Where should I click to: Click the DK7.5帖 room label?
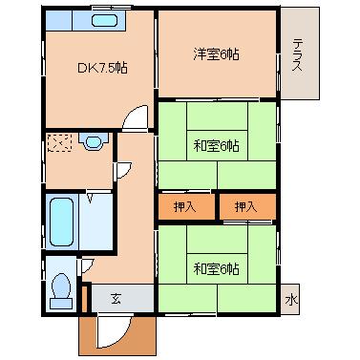point(103,68)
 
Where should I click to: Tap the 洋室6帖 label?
point(216,54)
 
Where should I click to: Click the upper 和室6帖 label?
point(216,146)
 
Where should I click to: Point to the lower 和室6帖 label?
point(216,269)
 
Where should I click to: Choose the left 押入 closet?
point(186,207)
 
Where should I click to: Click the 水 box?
point(291,300)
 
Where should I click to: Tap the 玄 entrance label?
point(116,299)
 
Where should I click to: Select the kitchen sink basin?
point(105,21)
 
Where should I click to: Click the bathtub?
point(61,222)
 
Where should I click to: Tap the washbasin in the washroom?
point(94,141)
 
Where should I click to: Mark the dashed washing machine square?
point(59,143)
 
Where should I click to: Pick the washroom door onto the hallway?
point(124,170)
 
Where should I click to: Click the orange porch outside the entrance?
point(117,336)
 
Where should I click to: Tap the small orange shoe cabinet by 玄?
point(84,299)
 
